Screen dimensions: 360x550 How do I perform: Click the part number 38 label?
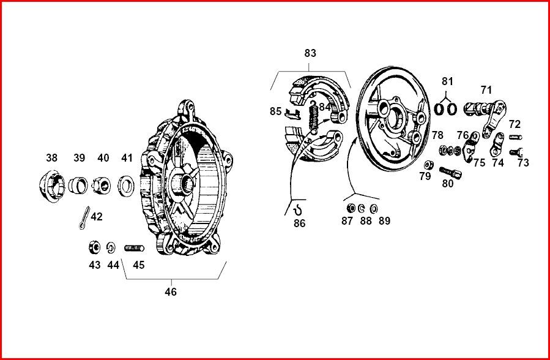pyautogui.click(x=51, y=158)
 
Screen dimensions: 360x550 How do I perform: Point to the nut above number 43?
pyautogui.click(x=94, y=247)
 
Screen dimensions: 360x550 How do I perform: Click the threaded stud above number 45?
pyautogui.click(x=133, y=248)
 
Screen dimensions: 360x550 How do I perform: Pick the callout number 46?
pyautogui.click(x=171, y=292)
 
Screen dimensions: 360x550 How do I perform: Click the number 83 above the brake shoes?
pyautogui.click(x=310, y=53)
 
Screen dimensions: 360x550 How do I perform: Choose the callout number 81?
pyautogui.click(x=448, y=81)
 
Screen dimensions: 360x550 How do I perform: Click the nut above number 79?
pyautogui.click(x=429, y=164)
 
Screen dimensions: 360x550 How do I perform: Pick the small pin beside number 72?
pyautogui.click(x=515, y=136)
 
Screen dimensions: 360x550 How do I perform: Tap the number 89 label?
pyautogui.click(x=384, y=221)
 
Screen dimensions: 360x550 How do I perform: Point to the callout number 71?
pyautogui.click(x=486, y=90)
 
